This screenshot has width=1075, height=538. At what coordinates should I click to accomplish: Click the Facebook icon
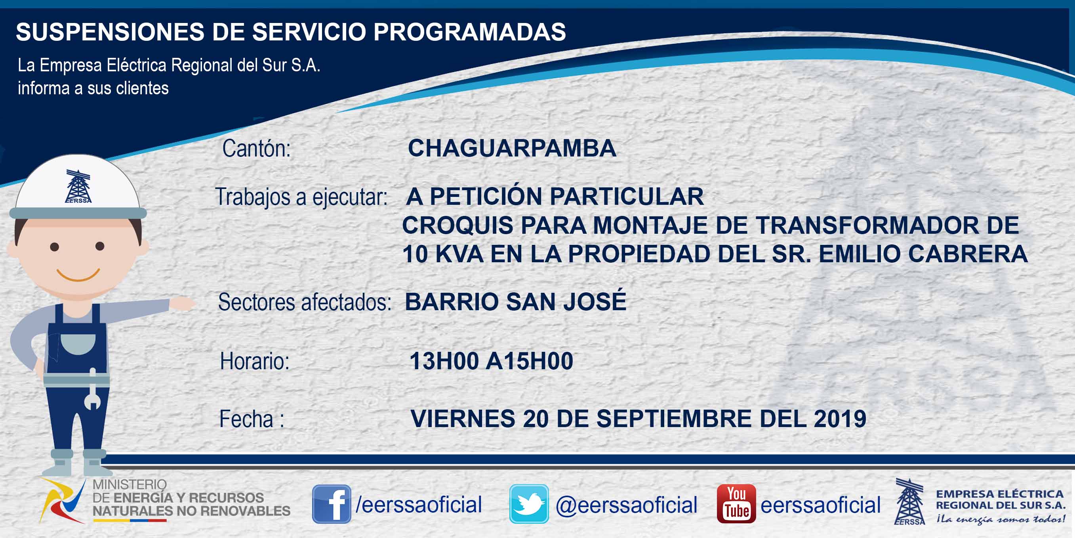point(332,504)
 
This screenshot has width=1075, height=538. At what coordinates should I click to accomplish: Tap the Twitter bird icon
point(529,504)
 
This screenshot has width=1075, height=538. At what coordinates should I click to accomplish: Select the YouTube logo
point(736,504)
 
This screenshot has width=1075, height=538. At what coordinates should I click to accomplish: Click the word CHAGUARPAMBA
point(512,148)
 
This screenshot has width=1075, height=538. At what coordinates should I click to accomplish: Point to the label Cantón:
point(256,148)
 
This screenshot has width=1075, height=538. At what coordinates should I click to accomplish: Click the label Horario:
point(255,361)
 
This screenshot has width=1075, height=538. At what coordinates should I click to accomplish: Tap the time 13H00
point(444,361)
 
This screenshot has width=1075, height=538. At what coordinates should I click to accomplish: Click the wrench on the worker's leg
point(92,389)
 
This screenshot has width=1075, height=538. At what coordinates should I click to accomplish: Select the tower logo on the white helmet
point(78,186)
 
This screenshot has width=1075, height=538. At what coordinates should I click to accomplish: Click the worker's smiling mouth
point(78,275)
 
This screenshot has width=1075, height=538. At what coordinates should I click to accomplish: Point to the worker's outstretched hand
point(182,303)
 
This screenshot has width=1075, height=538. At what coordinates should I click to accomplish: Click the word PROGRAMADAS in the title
point(469,32)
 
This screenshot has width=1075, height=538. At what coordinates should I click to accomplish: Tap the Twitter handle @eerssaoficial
point(626,505)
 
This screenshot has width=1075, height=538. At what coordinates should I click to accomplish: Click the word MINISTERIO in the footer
point(130,484)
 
